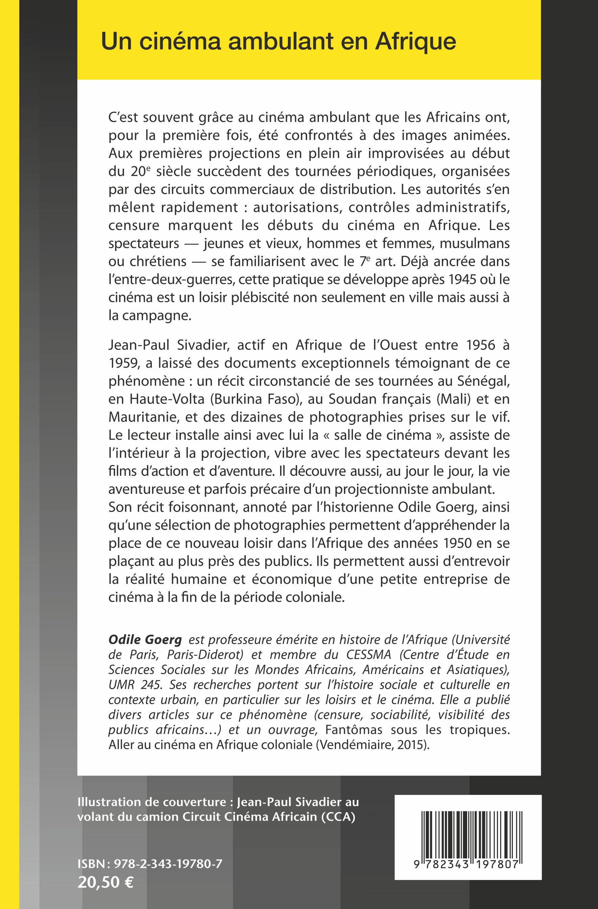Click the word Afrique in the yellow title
coord(416,41)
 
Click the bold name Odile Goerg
coord(145,639)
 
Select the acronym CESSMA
coord(369,655)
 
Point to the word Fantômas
coord(353,729)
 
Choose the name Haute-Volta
coord(167,399)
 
